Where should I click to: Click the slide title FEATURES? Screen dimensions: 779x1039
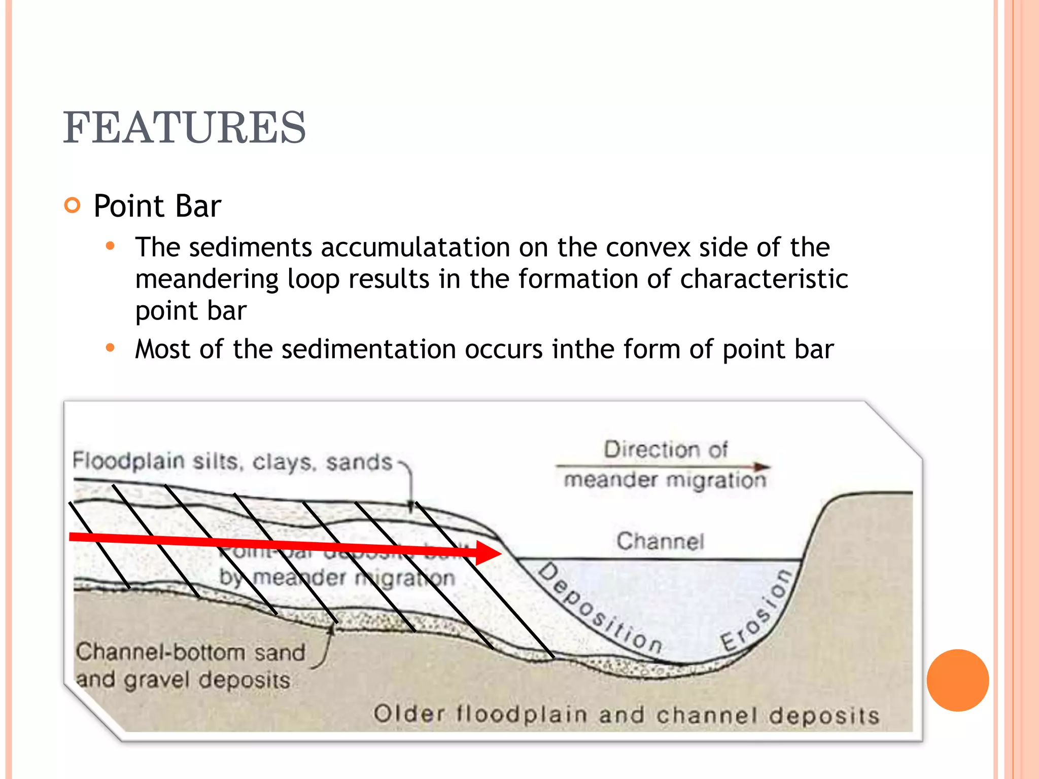[x=184, y=127]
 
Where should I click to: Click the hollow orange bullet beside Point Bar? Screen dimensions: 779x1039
[x=73, y=205]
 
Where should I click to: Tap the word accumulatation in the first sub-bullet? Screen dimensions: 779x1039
[x=414, y=247]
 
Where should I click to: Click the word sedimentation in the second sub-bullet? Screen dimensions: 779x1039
[x=369, y=349]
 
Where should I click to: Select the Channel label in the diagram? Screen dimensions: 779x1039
[x=661, y=541]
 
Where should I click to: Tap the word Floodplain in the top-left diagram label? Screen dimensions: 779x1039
[x=128, y=461]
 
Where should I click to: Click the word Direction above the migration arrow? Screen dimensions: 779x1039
[x=643, y=449]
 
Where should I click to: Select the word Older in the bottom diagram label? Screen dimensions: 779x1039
[x=409, y=714]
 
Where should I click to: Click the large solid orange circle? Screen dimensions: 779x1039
[x=958, y=680]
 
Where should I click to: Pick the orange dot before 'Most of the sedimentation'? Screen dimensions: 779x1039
[x=110, y=348]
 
